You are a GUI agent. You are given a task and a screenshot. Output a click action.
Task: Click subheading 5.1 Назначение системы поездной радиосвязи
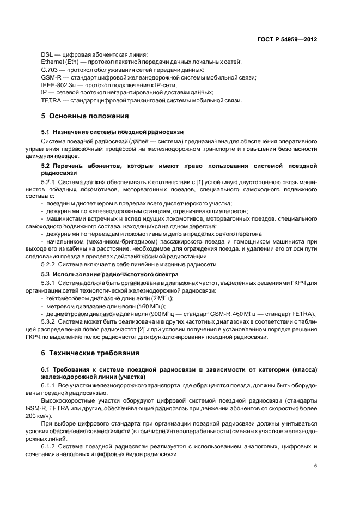coord(113,132)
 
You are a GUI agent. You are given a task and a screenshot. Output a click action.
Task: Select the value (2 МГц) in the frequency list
coord(156,299)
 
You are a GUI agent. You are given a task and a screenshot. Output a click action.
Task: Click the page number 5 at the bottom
coord(316,466)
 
